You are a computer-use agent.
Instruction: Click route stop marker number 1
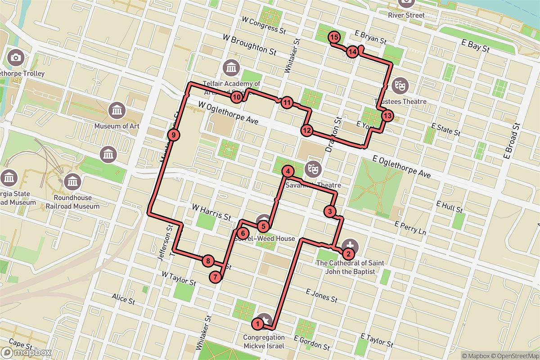coord(257,323)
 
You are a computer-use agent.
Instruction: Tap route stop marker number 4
coord(288,171)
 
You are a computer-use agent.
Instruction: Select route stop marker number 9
coord(173,134)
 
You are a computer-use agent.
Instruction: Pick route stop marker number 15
coord(334,38)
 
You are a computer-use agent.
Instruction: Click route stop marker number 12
coord(307,131)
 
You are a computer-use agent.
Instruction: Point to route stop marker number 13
coord(387,116)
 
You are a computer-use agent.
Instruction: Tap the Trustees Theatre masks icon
coord(399,84)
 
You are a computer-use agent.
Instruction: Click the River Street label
coord(406,15)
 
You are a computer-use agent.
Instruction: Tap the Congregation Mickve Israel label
coord(264,342)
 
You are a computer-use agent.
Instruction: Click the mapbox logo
coord(26,352)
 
